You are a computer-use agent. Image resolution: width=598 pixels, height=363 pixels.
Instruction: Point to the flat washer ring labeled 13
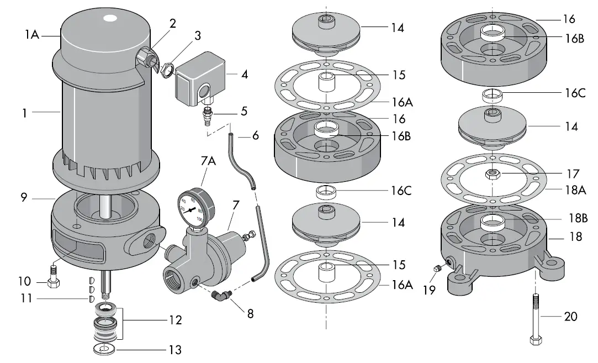(x=105, y=349)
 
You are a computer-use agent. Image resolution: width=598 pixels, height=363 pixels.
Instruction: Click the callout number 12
(x=176, y=319)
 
